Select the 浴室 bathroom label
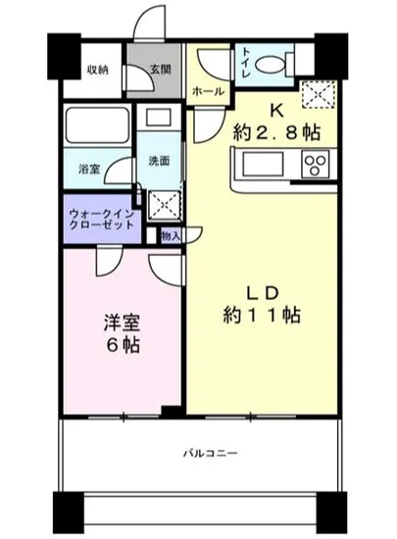coord(88,169)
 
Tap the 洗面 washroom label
coord(159,161)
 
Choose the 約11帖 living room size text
coord(262,316)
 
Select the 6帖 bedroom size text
coord(120,346)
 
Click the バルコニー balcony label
coord(211,453)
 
